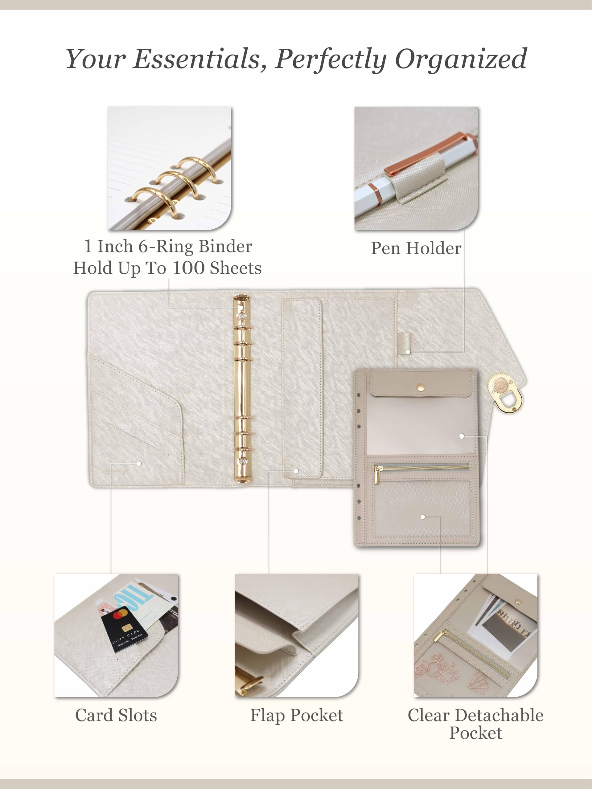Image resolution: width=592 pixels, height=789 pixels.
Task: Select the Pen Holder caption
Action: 416,248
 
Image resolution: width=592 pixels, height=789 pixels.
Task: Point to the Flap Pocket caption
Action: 297,716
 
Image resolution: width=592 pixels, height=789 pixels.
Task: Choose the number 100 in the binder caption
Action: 189,268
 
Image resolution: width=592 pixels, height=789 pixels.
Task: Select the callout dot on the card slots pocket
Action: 139,463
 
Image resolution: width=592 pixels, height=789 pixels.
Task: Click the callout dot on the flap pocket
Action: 296,471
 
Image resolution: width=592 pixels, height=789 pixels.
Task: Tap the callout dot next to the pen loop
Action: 408,352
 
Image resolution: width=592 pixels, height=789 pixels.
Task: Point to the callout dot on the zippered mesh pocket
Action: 422,517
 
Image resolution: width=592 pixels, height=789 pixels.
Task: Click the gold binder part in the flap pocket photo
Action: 250,681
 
